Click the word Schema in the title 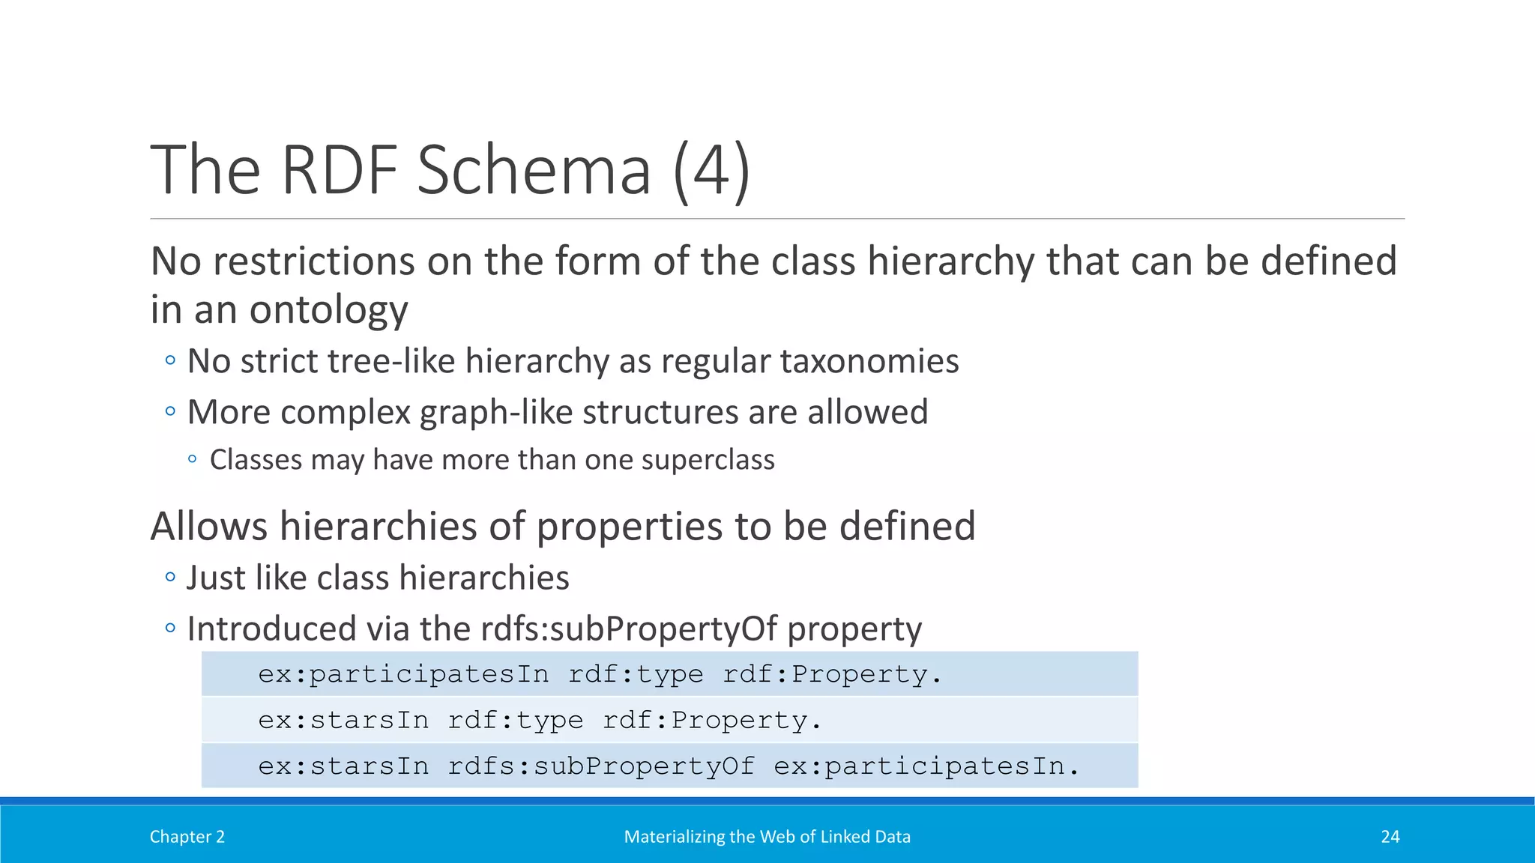[534, 171]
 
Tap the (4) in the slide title [711, 171]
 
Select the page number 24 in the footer [1390, 837]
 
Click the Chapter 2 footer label [187, 837]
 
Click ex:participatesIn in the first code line [403, 674]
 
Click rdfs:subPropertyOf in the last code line [601, 766]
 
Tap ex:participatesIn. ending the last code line [926, 766]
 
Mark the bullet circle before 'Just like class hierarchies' [171, 578]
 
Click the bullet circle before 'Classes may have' [193, 460]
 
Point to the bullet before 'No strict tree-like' [171, 361]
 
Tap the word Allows [209, 526]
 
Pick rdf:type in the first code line [636, 674]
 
